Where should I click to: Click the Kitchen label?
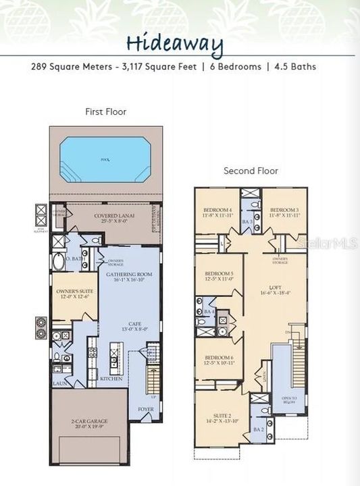click(x=111, y=379)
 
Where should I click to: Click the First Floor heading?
click(x=105, y=111)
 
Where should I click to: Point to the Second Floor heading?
click(x=251, y=171)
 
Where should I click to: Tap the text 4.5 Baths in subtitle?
click(x=295, y=67)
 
